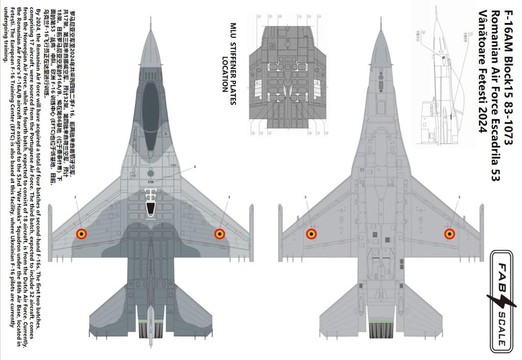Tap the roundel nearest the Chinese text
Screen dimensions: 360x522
81,234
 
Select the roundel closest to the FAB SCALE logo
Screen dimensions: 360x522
449,234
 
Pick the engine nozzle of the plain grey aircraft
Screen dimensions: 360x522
380,330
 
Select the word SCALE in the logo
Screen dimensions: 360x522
502,327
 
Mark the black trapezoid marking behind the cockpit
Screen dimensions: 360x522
150,209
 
